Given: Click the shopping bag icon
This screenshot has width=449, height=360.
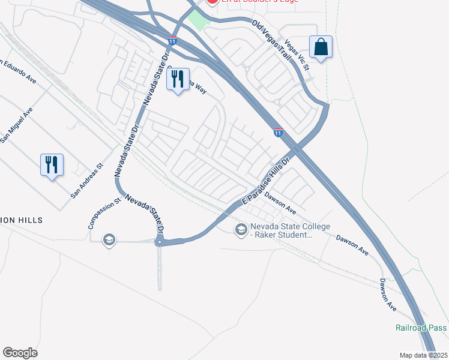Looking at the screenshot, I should coord(321,47).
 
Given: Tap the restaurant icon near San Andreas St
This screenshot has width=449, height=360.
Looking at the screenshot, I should coord(52,164).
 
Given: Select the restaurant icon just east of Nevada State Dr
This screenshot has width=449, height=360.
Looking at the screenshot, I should coord(177,80).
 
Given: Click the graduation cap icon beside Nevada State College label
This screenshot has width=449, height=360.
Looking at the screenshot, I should coord(241,229).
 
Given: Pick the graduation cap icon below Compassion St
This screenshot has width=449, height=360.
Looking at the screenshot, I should coord(109,240).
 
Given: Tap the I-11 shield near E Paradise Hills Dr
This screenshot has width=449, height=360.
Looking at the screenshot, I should coord(278,131).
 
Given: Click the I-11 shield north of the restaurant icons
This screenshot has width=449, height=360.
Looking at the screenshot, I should coord(173,41).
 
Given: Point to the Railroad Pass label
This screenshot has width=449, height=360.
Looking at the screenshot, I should coord(420,328).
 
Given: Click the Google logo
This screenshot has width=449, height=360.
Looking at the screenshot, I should coord(20,353).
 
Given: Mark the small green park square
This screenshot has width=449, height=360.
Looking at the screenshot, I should coord(199,20).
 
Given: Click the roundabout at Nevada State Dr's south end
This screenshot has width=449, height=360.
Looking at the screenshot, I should coord(160,242).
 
